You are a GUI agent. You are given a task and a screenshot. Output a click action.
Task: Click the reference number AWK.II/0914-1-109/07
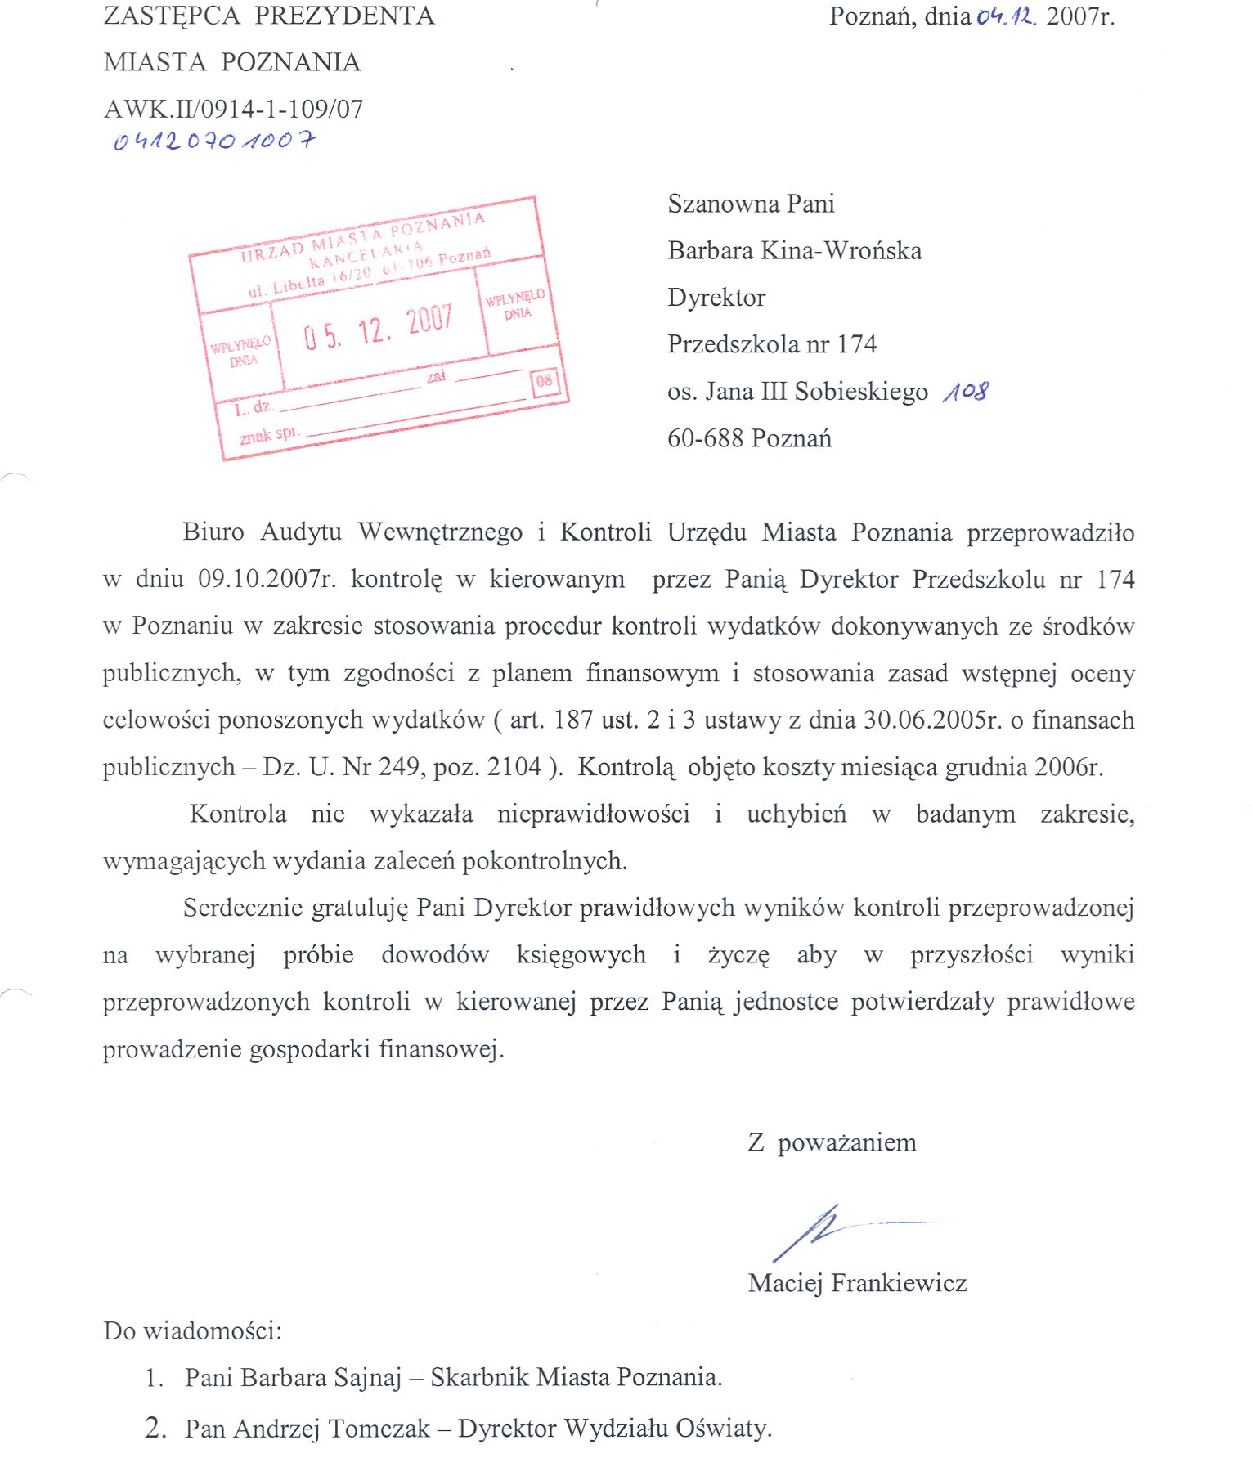click(x=233, y=109)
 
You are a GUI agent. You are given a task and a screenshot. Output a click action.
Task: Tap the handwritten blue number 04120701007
click(x=214, y=141)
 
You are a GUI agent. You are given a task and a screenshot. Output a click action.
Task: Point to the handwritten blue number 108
click(x=965, y=392)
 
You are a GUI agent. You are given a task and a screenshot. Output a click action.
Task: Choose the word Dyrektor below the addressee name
click(x=716, y=297)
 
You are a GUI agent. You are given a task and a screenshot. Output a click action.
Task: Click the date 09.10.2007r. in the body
click(x=267, y=579)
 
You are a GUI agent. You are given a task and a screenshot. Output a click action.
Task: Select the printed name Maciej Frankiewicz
click(x=857, y=1282)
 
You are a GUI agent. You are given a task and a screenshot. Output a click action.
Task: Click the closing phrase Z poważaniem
click(x=832, y=1142)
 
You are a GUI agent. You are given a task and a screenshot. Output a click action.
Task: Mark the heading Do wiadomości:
click(x=192, y=1330)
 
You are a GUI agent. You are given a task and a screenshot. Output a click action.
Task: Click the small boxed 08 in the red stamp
click(x=544, y=381)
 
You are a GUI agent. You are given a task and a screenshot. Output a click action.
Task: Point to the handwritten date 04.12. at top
click(x=1006, y=16)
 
